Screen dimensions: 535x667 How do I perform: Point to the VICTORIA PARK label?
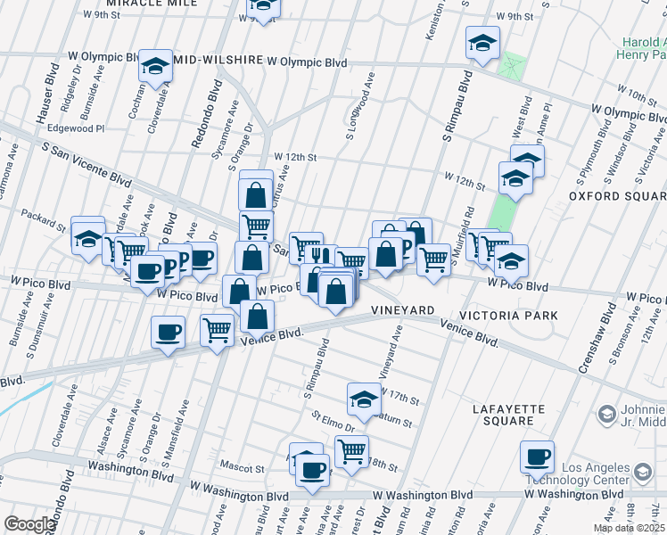click(x=508, y=316)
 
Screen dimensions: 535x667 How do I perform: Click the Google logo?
click(x=29, y=524)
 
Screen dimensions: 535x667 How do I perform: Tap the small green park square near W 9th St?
click(x=512, y=66)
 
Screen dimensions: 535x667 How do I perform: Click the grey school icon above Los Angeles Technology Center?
click(x=606, y=414)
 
